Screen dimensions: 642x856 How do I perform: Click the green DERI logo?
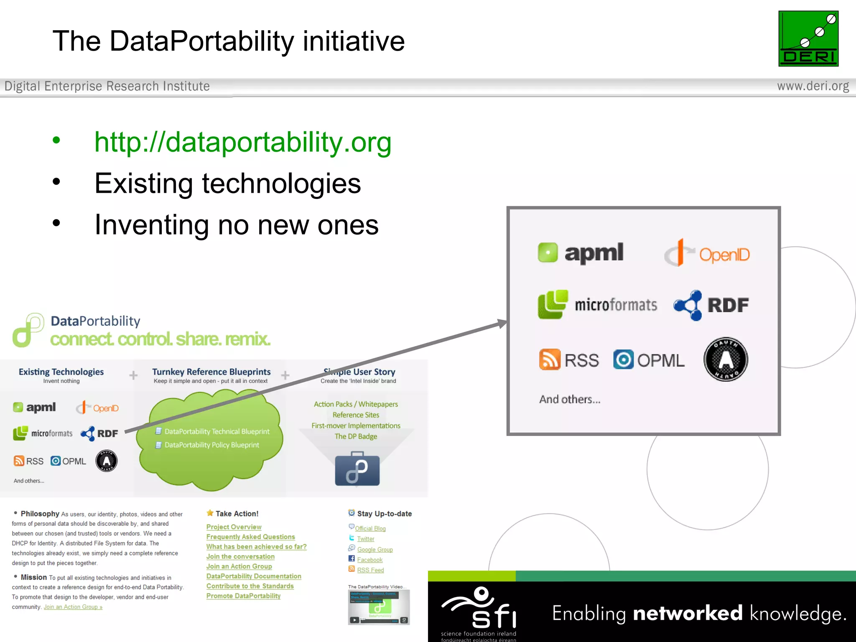click(x=808, y=38)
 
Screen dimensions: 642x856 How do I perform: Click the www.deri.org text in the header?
click(x=813, y=86)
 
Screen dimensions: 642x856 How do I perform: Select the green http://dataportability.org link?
click(x=242, y=142)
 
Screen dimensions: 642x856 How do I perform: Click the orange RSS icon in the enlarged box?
click(x=549, y=359)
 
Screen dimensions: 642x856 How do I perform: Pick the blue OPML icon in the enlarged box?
click(x=623, y=359)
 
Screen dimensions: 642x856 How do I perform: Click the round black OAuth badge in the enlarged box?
click(x=726, y=359)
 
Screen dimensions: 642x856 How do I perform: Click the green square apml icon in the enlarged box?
click(x=548, y=252)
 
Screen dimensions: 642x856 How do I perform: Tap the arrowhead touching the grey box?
click(x=502, y=323)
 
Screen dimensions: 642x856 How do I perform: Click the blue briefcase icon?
click(x=357, y=469)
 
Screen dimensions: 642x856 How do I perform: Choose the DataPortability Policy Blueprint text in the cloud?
click(x=211, y=445)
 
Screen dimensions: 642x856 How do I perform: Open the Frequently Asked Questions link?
click(x=250, y=537)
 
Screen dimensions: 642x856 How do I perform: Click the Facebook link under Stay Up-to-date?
click(x=369, y=560)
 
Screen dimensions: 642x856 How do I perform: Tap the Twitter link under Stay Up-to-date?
click(x=365, y=539)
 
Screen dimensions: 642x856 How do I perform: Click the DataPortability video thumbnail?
click(x=379, y=607)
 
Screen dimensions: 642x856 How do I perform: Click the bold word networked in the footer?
click(x=688, y=613)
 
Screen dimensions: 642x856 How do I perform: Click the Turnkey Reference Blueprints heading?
click(x=211, y=372)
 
